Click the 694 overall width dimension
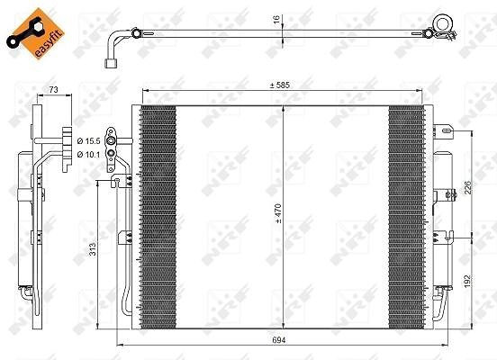[x=279, y=339]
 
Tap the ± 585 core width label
[x=279, y=85]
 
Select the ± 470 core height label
[x=278, y=213]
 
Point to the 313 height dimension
[x=92, y=249]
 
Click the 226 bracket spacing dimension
[x=468, y=187]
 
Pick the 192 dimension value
[x=468, y=281]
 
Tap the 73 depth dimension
[x=53, y=90]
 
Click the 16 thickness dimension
[x=276, y=19]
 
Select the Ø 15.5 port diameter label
[x=88, y=141]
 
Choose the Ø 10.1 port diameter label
[x=88, y=154]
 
